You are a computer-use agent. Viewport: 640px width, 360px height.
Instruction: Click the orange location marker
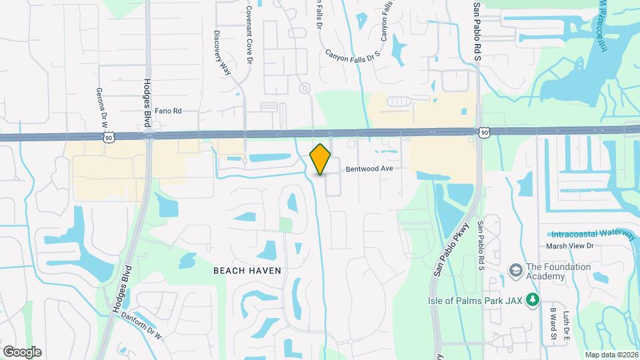click(x=321, y=159)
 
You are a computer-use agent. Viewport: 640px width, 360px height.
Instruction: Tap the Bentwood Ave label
click(x=369, y=169)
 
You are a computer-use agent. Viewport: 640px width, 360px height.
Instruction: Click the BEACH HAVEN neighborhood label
click(x=247, y=270)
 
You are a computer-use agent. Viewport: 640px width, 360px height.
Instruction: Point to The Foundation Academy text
click(x=559, y=271)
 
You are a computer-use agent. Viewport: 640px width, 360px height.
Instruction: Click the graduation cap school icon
click(x=515, y=271)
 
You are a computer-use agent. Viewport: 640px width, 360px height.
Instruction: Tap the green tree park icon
click(x=532, y=300)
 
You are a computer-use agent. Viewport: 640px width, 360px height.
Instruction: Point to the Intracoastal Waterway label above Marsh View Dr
click(x=593, y=234)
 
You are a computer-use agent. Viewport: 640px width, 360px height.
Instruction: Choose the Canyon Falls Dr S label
click(x=353, y=54)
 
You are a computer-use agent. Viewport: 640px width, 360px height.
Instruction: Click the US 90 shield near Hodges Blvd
click(x=109, y=136)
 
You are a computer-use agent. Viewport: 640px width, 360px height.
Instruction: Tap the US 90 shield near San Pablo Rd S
click(x=485, y=134)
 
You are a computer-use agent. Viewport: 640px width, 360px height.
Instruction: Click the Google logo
click(x=22, y=352)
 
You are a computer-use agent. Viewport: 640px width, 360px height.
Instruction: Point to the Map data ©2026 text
click(x=611, y=355)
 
